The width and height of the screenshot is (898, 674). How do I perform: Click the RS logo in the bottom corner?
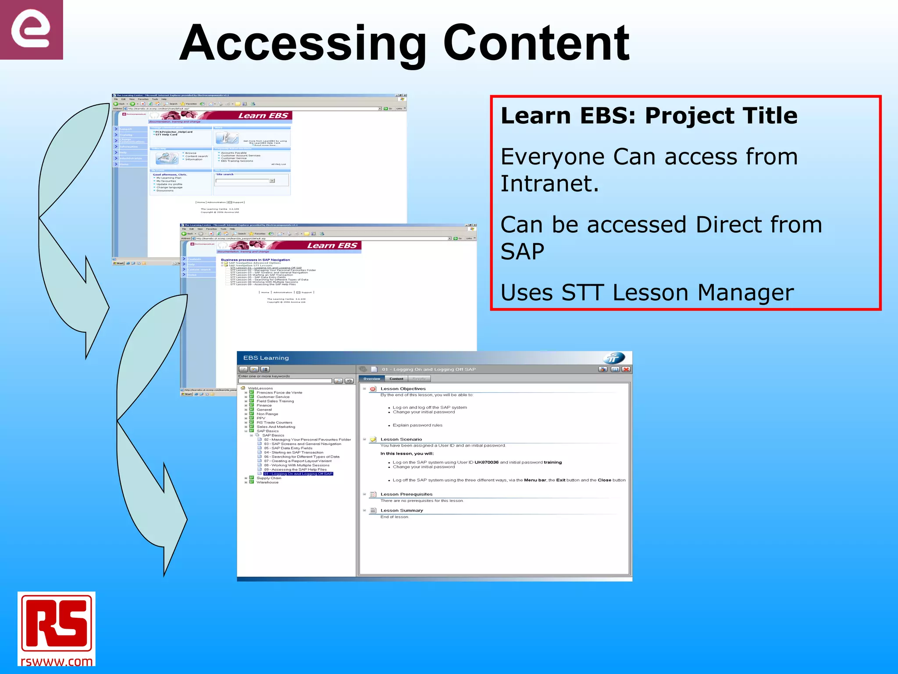56,623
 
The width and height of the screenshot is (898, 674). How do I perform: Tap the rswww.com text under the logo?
56,661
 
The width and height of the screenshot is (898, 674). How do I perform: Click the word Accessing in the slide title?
303,44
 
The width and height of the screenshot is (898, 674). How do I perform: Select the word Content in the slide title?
536,44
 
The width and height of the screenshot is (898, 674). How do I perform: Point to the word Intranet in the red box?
549,183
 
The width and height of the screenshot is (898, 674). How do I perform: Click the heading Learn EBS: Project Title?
649,116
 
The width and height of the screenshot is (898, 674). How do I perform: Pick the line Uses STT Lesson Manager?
647,293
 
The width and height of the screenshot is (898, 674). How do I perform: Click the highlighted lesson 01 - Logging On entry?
298,474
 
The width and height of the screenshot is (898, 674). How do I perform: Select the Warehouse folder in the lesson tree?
267,482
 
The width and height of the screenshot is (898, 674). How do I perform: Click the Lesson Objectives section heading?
403,389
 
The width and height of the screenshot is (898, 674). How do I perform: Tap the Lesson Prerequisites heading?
406,494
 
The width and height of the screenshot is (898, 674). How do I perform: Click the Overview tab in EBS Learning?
372,379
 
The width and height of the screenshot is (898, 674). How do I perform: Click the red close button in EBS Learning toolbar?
626,369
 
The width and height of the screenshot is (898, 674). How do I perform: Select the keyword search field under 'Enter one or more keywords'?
285,381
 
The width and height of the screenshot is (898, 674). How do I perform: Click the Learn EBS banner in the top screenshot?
263,116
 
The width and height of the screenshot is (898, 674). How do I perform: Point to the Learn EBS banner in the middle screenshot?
332,246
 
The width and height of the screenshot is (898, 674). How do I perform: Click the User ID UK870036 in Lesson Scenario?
486,462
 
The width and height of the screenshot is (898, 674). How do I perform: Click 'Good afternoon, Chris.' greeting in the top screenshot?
170,175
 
